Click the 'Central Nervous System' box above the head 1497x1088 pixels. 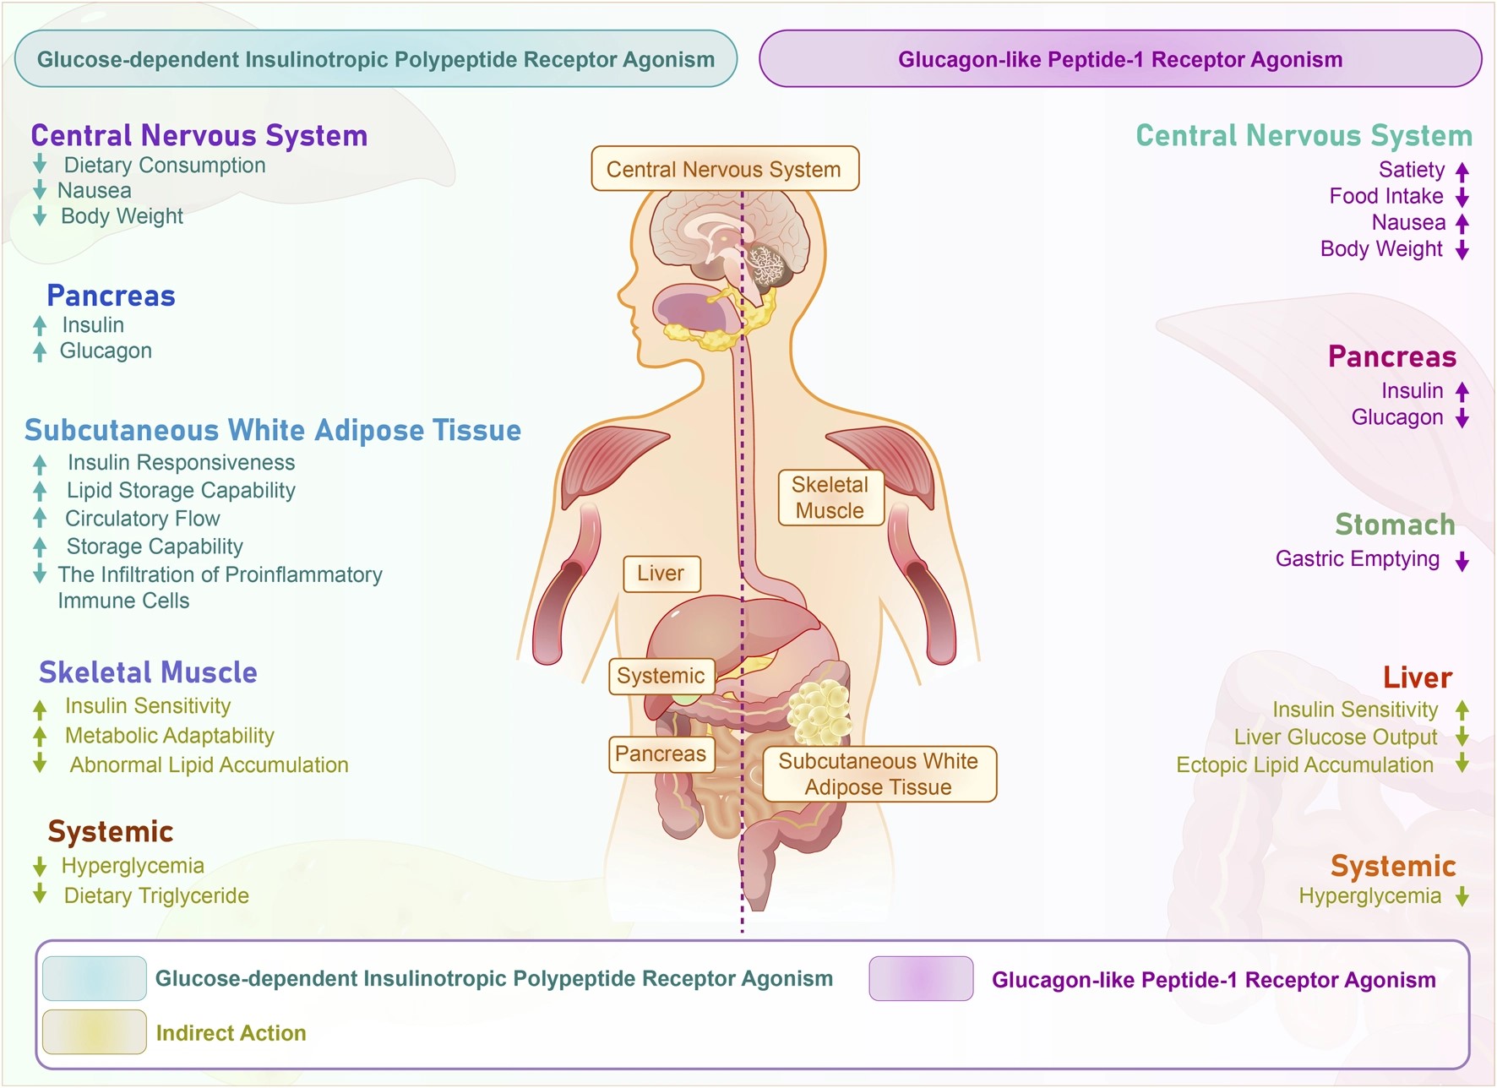tap(725, 169)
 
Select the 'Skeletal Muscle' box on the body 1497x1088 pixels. tap(830, 498)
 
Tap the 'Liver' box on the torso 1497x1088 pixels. tap(661, 574)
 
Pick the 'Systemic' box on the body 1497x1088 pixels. tap(661, 676)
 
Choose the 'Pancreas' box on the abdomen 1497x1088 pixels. tap(661, 753)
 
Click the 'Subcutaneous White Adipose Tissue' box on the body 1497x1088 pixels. tap(879, 774)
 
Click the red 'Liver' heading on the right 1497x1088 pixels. tap(1417, 677)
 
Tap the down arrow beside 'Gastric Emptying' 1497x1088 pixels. tap(1462, 561)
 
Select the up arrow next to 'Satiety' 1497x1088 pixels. tap(1462, 171)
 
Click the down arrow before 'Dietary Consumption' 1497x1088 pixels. tap(40, 164)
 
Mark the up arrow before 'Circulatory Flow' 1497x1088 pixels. tap(40, 517)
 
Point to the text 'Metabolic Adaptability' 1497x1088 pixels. tap(170, 736)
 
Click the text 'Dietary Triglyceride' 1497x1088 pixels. tap(156, 895)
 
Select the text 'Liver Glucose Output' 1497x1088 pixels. tap(1336, 737)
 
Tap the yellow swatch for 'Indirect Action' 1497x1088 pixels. tap(95, 1031)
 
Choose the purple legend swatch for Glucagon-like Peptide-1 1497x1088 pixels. tap(921, 978)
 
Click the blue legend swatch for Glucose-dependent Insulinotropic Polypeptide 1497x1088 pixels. tap(95, 978)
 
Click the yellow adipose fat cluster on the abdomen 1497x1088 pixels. tap(819, 710)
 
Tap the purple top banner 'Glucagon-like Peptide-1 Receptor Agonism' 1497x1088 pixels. tap(1120, 59)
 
